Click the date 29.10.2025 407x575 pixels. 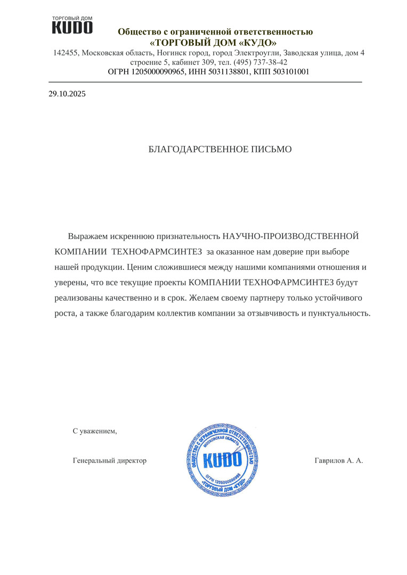[x=67, y=94]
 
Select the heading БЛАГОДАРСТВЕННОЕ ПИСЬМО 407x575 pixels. [x=219, y=150]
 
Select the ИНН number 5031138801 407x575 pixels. [x=227, y=71]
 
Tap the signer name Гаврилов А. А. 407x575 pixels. [x=339, y=461]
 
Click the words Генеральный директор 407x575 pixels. [x=109, y=461]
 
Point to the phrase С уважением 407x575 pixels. [x=95, y=431]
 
